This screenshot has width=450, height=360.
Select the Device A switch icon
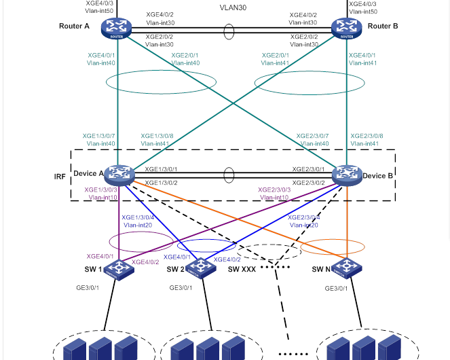click(120, 175)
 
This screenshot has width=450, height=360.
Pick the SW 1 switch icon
click(120, 269)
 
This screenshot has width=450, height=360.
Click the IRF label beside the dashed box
click(60, 177)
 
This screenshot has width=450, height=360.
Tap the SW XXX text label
click(242, 270)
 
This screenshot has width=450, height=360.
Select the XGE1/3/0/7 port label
click(99, 136)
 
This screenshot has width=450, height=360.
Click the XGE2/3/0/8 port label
click(367, 136)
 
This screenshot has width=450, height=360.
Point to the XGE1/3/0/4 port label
click(138, 217)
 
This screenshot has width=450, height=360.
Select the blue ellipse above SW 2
click(207, 246)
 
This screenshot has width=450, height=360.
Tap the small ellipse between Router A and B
click(229, 31)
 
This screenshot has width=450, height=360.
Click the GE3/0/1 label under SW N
click(336, 288)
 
